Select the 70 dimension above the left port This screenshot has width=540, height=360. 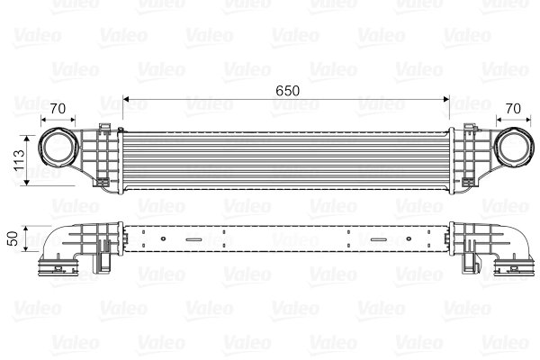[58, 109]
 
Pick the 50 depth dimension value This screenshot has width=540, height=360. [13, 239]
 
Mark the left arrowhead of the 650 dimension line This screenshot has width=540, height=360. [125, 99]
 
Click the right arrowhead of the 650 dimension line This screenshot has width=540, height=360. [448, 99]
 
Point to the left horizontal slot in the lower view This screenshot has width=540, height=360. [196, 239]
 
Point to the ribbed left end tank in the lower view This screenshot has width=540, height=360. [99, 241]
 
